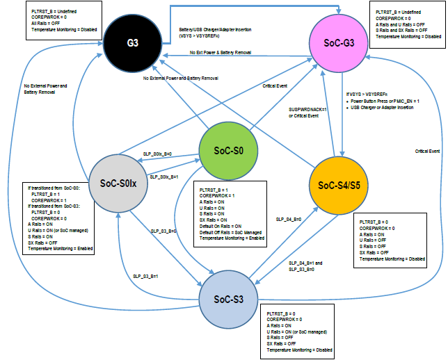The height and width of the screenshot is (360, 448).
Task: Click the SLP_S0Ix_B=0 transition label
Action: tap(157, 154)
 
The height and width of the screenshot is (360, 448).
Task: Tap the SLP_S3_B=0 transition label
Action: tap(164, 229)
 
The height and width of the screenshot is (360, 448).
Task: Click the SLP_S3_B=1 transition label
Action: tap(147, 276)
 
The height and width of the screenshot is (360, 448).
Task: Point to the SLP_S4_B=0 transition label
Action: tap(289, 219)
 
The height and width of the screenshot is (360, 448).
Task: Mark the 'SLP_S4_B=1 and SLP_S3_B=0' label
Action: tap(305, 266)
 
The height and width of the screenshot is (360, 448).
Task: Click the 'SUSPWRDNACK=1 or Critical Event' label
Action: tap(303, 113)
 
